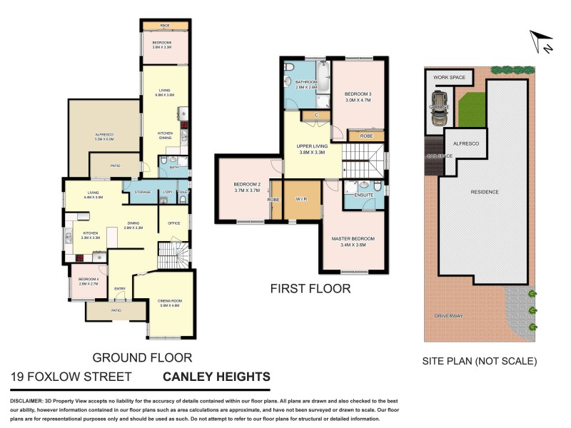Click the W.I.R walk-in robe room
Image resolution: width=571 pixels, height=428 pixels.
click(x=300, y=199)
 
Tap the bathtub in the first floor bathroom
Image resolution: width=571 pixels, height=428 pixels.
click(x=323, y=80)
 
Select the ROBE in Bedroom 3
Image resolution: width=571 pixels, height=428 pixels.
click(x=366, y=136)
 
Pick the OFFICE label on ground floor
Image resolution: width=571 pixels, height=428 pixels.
click(x=173, y=223)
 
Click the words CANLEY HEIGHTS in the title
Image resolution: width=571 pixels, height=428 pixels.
click(x=217, y=377)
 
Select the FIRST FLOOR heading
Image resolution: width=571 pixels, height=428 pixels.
click(x=310, y=289)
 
